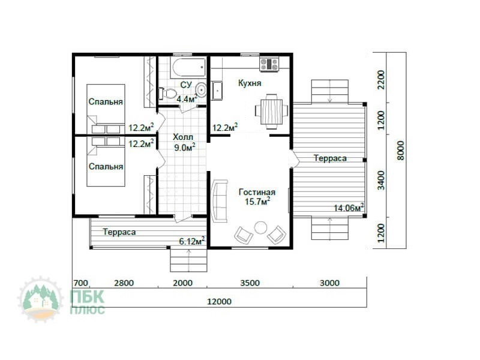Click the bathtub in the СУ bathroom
pyautogui.click(x=189, y=67)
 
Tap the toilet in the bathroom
pyautogui.click(x=167, y=93)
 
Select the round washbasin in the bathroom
pyautogui.click(x=201, y=89)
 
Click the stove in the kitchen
pyautogui.click(x=269, y=64)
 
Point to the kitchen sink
pyautogui.click(x=217, y=91)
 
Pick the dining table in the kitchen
pyautogui.click(x=272, y=112)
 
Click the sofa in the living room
pyautogui.click(x=219, y=201)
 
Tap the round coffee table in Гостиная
pyautogui.click(x=260, y=227)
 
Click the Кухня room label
pyautogui.click(x=250, y=83)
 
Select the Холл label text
pyautogui.click(x=183, y=137)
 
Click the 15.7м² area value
pyautogui.click(x=257, y=201)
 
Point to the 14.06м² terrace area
pyautogui.click(x=349, y=208)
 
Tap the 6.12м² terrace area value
pyautogui.click(x=192, y=241)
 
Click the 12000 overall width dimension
pyautogui.click(x=219, y=302)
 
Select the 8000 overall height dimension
pyautogui.click(x=400, y=151)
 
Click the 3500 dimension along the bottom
pyautogui.click(x=250, y=283)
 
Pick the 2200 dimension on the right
pyautogui.click(x=381, y=80)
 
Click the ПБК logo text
pyautogui.click(x=87, y=296)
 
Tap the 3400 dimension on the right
pyautogui.click(x=381, y=181)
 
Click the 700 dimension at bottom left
pyautogui.click(x=80, y=283)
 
